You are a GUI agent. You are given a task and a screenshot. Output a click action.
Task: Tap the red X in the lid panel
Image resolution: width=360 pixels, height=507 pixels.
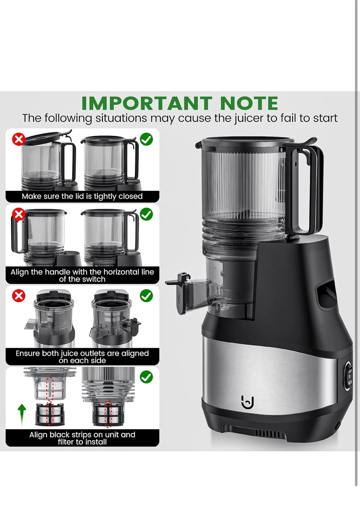(x=19, y=139)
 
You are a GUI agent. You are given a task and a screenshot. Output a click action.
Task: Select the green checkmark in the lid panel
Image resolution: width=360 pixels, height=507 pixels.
(x=146, y=139)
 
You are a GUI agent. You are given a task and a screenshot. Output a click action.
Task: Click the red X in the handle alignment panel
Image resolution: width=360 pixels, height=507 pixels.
(x=19, y=214)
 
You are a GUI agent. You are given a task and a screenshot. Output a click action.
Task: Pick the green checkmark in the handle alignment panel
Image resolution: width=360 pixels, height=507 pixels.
(x=146, y=214)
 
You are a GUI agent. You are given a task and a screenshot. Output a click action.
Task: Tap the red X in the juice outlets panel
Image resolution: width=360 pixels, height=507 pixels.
(x=19, y=296)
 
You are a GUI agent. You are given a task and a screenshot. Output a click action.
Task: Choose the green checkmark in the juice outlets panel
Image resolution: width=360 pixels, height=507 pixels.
(x=146, y=296)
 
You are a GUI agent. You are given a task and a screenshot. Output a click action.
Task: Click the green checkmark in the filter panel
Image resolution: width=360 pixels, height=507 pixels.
(x=146, y=377)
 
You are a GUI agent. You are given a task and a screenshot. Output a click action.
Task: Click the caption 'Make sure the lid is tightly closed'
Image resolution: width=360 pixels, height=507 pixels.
(x=82, y=196)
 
